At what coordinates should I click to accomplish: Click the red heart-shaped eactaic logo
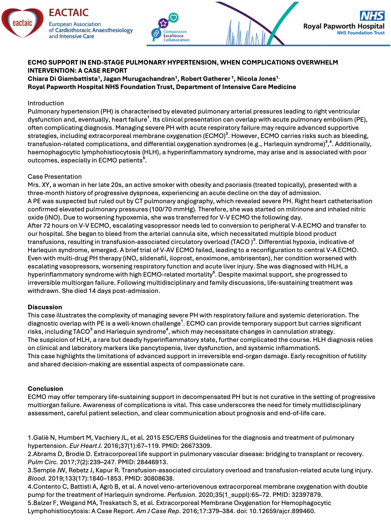click(x=22, y=23)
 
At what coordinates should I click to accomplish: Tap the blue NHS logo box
click(x=372, y=16)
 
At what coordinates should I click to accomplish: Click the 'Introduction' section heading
click(x=46, y=103)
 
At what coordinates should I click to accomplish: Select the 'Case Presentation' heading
click(x=55, y=177)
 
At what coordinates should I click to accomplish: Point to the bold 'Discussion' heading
click(x=45, y=307)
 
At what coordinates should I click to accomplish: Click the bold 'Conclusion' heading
click(x=45, y=389)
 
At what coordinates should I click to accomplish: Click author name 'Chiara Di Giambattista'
click(x=63, y=79)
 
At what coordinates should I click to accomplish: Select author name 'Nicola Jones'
click(x=256, y=79)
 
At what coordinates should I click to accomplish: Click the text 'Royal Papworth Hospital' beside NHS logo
click(x=343, y=26)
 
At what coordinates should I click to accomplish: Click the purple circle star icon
click(x=164, y=23)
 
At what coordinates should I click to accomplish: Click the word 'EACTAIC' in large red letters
click(x=69, y=13)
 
